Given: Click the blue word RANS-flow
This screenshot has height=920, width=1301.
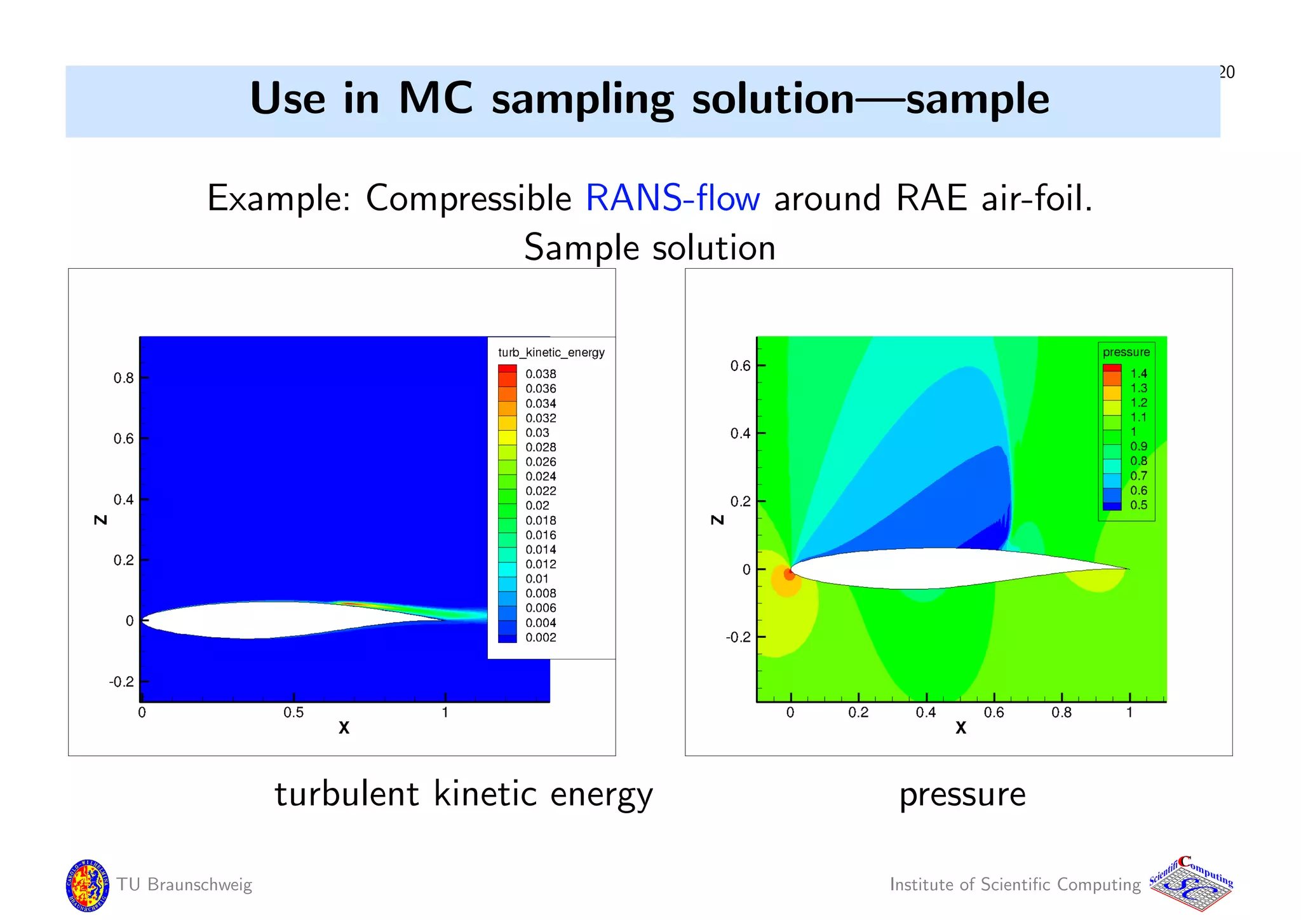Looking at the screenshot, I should [x=672, y=198].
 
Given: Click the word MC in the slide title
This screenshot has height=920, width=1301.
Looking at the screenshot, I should [x=435, y=99].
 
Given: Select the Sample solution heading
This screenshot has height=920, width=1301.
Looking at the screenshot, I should [x=649, y=247].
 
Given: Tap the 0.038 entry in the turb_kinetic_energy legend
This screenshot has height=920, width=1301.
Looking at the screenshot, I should [x=540, y=374].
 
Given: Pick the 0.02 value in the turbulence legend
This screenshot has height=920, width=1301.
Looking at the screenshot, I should [x=537, y=505].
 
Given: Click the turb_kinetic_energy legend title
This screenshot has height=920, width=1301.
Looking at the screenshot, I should [x=551, y=353].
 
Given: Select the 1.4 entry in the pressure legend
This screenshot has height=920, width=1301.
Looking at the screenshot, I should [x=1138, y=373].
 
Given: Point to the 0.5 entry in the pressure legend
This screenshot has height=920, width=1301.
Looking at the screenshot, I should [x=1138, y=505].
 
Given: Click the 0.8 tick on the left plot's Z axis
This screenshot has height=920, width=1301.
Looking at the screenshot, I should [x=124, y=378].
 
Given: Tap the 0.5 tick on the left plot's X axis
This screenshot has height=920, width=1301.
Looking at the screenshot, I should [x=293, y=713].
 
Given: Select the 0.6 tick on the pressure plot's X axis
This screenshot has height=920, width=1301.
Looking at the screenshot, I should [x=994, y=713].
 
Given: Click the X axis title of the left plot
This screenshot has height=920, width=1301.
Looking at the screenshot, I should [x=344, y=728].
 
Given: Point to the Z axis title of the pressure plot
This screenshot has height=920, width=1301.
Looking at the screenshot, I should [x=717, y=520].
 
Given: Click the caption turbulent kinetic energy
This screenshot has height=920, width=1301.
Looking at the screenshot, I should [x=463, y=794].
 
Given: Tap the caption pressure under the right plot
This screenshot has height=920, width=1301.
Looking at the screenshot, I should [x=962, y=794].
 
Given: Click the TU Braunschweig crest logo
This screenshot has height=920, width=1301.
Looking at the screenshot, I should [x=87, y=884].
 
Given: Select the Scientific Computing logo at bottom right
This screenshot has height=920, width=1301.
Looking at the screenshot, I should [x=1191, y=884].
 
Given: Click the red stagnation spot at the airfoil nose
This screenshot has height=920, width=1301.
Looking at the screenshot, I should [x=789, y=574].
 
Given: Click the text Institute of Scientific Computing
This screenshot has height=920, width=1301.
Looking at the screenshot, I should [x=1015, y=884].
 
